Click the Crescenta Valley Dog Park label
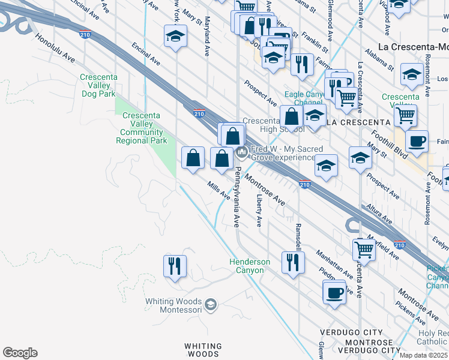click(98, 85)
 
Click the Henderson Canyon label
click(250, 266)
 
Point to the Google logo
click(20, 353)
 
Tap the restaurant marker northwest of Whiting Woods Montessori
click(175, 265)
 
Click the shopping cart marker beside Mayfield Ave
click(364, 248)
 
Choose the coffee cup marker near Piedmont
click(334, 293)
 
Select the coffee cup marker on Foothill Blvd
click(417, 142)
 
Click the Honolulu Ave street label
click(55, 47)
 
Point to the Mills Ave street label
click(219, 191)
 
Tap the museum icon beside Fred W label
click(241, 152)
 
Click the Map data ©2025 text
click(424, 355)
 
